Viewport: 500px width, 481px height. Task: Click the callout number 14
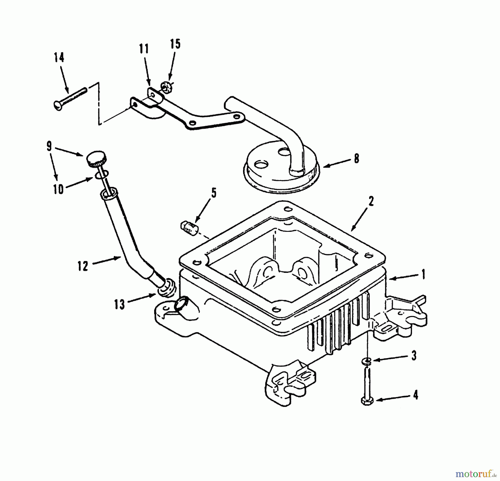[x=59, y=58]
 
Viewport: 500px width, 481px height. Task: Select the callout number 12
[x=83, y=266]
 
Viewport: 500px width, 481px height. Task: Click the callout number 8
[x=356, y=159]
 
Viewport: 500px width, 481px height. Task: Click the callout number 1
[x=423, y=275]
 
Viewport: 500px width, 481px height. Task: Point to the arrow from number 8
[x=336, y=163]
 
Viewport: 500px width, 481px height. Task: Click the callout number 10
[x=58, y=189]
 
